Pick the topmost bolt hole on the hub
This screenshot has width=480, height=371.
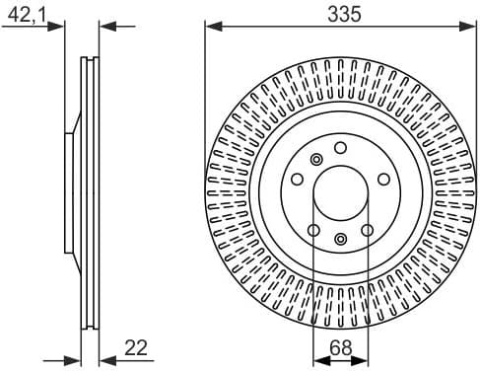[340, 147]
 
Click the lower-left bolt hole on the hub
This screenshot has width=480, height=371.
[313, 230]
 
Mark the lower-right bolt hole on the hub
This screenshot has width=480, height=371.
[367, 230]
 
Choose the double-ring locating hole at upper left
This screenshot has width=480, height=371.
[316, 160]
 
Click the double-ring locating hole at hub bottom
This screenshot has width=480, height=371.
[340, 238]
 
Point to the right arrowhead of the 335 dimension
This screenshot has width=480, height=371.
[469, 27]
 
